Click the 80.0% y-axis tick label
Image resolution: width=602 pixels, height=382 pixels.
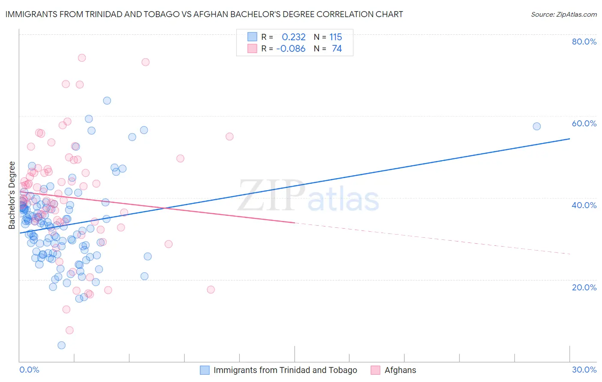(584, 42)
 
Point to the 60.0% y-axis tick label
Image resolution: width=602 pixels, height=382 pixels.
(584, 123)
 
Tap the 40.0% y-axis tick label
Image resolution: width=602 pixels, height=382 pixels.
(584, 205)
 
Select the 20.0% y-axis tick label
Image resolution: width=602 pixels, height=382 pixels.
(584, 287)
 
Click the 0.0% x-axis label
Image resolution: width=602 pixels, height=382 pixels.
(29, 370)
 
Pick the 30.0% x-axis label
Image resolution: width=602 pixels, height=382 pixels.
(584, 370)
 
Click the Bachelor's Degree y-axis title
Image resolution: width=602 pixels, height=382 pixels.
(12, 195)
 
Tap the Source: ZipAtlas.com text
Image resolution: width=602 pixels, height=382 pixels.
(563, 14)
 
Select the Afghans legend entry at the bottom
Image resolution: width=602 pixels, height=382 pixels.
(400, 370)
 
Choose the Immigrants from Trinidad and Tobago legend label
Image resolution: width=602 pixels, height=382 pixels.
(285, 370)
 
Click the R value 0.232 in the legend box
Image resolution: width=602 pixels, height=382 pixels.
(294, 37)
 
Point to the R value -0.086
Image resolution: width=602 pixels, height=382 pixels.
(291, 49)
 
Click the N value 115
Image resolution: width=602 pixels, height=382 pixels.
(336, 37)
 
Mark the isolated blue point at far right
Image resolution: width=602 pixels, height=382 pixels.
(536, 126)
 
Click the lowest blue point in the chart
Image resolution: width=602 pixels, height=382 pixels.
(62, 345)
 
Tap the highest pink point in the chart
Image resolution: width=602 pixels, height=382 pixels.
(82, 58)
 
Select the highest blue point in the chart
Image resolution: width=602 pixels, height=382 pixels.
(107, 101)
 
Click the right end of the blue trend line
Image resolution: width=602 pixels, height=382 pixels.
(569, 139)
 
